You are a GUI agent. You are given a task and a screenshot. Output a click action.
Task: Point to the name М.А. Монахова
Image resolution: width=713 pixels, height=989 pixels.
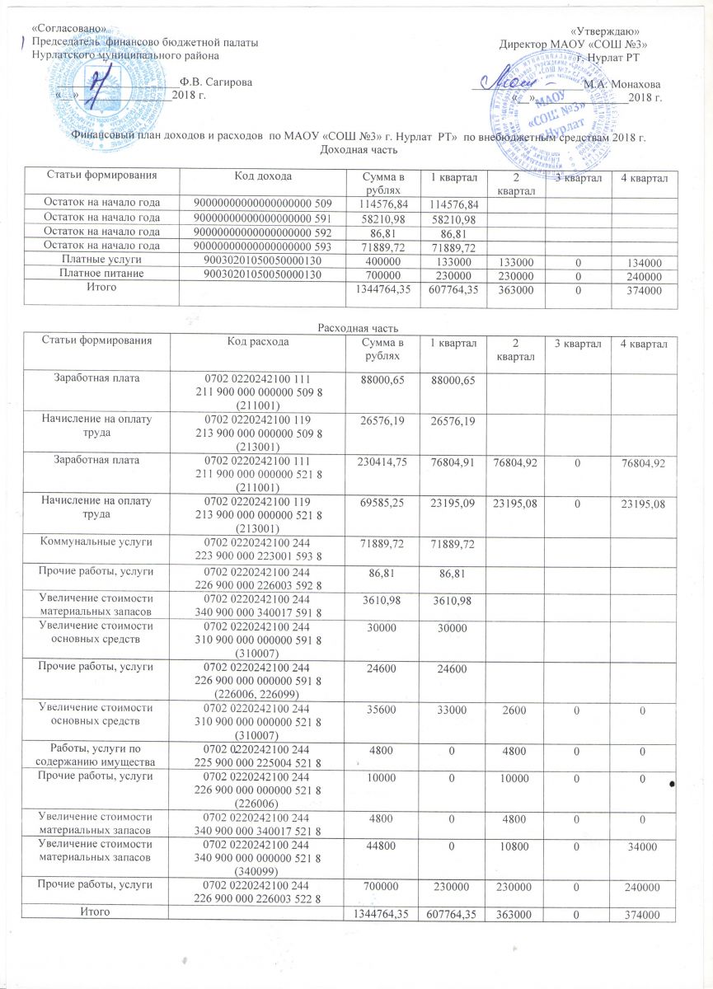621,84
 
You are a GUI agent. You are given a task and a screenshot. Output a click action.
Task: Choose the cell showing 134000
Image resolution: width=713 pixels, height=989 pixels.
643,261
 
